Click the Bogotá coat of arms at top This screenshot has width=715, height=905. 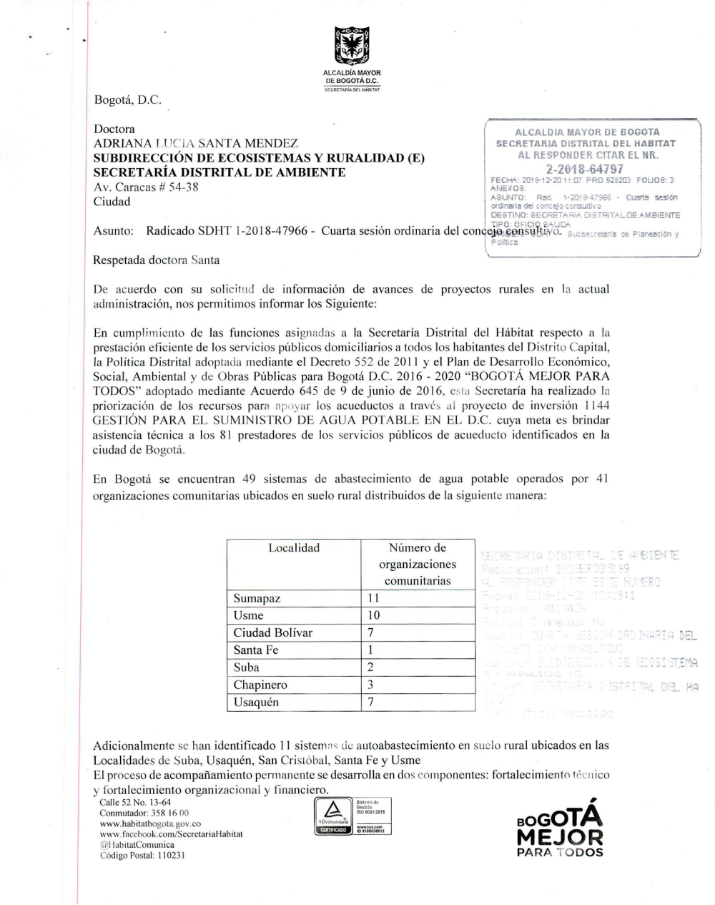[351, 47]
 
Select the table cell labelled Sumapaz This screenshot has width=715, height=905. [257, 599]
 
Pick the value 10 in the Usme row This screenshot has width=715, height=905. [373, 615]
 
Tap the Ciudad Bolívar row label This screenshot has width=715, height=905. [272, 632]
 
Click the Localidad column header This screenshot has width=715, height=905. [294, 548]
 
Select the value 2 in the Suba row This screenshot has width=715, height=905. [371, 667]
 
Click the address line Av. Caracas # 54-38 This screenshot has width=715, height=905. [146, 187]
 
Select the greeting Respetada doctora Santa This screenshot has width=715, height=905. [156, 260]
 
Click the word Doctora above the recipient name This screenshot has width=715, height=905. [114, 129]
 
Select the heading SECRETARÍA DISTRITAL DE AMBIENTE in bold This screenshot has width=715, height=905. [220, 172]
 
